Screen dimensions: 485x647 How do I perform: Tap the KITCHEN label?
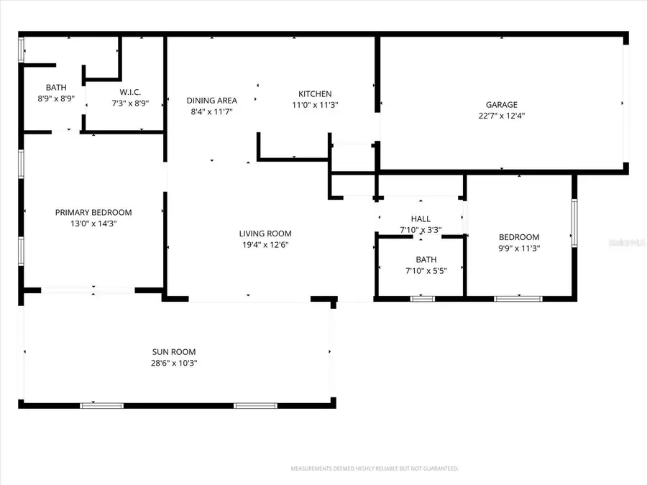tap(315, 94)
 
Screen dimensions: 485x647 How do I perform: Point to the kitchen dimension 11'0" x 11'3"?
tap(315, 105)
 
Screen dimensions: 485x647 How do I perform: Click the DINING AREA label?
tap(211, 101)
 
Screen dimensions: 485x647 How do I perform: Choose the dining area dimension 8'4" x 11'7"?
tap(211, 111)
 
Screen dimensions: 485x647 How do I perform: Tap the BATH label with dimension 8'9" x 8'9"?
tap(56, 88)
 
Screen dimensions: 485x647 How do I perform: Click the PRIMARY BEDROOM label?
tap(93, 212)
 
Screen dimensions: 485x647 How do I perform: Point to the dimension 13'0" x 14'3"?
tap(93, 223)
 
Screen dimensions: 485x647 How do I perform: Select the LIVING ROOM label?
tap(265, 234)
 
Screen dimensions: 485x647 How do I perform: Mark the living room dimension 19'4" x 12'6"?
tap(265, 244)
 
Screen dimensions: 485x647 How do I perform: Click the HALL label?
tap(421, 219)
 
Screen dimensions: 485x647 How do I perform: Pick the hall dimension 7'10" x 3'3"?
tap(421, 230)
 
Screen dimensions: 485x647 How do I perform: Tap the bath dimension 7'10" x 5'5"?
tap(421, 271)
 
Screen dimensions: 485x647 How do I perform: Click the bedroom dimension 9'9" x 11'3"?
tap(519, 249)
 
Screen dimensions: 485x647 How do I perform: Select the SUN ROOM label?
tap(174, 352)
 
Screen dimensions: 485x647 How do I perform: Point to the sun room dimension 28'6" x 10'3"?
tap(174, 364)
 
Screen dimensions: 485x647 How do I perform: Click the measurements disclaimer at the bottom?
tap(374, 468)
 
